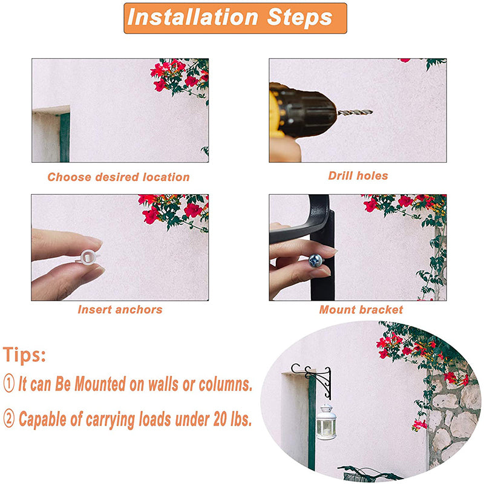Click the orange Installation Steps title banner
235,18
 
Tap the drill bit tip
372,112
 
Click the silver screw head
316,261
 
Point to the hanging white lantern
326,421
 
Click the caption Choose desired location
119,177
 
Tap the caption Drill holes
358,175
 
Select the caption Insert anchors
120,309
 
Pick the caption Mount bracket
361,309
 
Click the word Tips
24,355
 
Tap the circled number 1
9,383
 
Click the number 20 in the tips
220,419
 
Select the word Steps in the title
299,18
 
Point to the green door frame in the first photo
65,138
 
